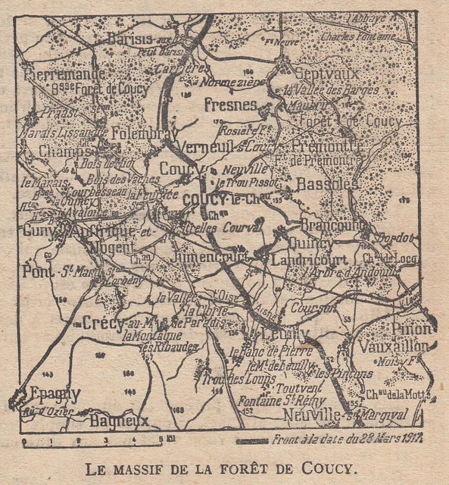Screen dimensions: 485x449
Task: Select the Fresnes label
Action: coord(231,105)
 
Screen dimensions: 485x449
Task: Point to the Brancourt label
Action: coord(329,226)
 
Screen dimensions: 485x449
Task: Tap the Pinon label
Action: coord(412,328)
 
